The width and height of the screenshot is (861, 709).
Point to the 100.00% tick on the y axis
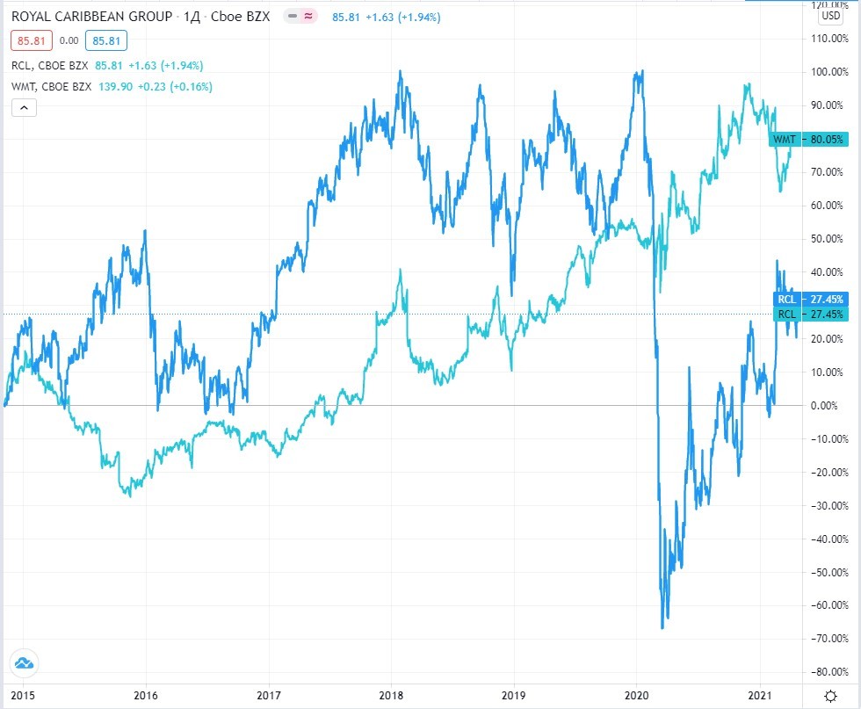[830, 72]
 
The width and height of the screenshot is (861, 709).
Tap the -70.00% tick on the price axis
[830, 639]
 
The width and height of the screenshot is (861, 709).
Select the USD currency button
[830, 16]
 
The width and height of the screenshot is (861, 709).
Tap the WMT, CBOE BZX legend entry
[51, 86]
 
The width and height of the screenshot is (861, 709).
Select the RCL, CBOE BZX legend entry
[49, 65]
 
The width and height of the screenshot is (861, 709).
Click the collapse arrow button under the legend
[25, 108]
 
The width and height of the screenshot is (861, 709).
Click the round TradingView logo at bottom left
[24, 664]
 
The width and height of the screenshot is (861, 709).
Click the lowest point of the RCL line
[662, 628]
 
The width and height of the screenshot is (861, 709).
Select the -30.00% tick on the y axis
[830, 505]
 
